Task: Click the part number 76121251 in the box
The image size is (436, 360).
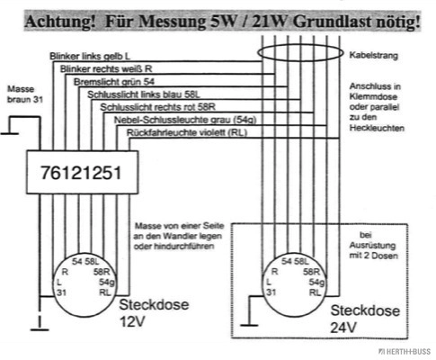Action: point(81,173)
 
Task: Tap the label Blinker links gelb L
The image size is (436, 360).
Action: point(90,56)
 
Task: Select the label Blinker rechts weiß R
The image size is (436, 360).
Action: point(106,69)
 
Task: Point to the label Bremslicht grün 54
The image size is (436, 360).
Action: point(114,82)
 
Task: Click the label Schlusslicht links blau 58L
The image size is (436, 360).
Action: point(144,94)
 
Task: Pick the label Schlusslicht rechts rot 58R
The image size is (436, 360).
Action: point(158,107)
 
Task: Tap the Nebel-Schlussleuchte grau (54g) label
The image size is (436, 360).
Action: point(185,120)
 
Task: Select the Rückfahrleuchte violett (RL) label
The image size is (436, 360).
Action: point(187,132)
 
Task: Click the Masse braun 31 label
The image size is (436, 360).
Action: point(25,94)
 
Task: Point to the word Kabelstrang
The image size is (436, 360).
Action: point(374,56)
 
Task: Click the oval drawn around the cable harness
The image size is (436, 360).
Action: point(300,45)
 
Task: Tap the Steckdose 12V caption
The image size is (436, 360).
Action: point(154,313)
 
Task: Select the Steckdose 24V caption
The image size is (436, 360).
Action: point(365,319)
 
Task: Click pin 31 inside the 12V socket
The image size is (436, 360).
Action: point(61,292)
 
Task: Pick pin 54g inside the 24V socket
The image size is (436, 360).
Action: point(316,283)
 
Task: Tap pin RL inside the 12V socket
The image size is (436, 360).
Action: point(105,292)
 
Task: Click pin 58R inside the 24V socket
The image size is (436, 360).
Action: point(311,272)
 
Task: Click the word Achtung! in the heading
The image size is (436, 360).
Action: point(60,22)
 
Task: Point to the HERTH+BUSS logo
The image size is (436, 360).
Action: point(405,352)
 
